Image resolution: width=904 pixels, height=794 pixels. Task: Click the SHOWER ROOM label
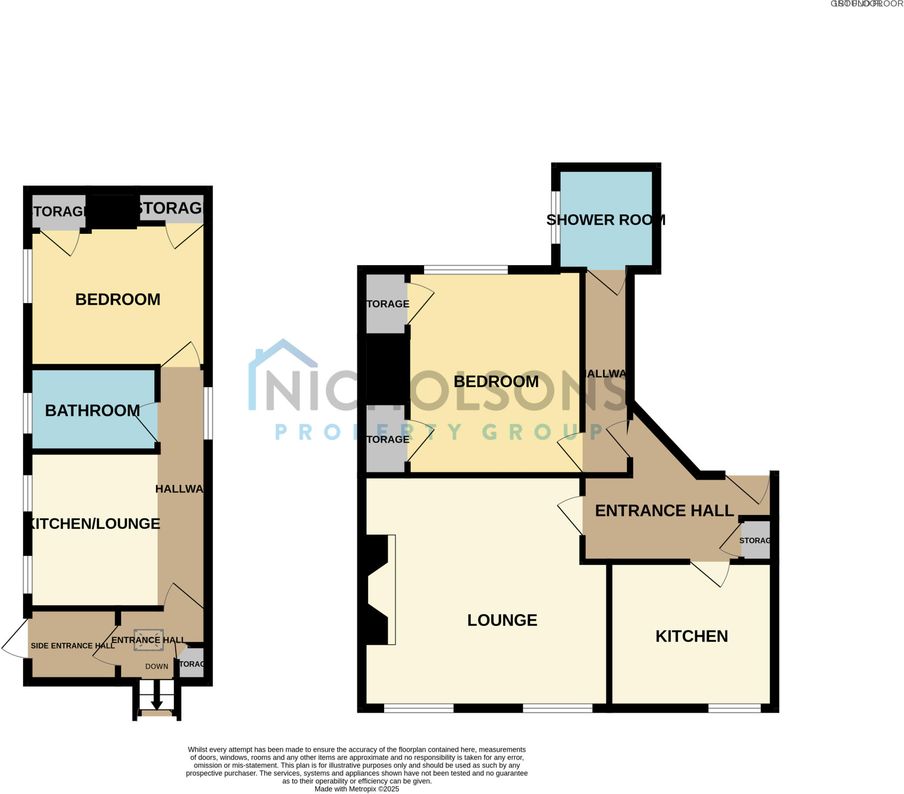coord(606,220)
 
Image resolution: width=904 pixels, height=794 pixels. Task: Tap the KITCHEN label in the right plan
coord(691,636)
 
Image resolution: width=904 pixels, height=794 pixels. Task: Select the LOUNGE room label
coord(502,620)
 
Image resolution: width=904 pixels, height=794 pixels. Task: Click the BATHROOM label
coord(92,410)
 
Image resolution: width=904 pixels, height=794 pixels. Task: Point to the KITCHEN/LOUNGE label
coord(94,523)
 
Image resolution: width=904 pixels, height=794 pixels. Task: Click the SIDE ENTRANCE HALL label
coord(72,646)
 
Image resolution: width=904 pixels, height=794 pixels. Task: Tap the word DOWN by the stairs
coord(157,666)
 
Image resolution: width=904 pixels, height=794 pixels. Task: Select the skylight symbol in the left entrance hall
coord(149,640)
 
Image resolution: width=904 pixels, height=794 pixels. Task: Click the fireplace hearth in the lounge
coord(392,590)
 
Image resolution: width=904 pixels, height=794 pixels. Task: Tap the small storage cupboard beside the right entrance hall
coord(755,540)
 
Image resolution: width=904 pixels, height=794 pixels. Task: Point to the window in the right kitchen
coord(734,708)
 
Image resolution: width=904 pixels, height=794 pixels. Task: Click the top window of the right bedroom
coord(465,269)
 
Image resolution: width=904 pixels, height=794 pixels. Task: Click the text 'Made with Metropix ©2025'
coord(357,789)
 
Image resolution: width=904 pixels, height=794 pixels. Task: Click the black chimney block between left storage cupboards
coord(113,211)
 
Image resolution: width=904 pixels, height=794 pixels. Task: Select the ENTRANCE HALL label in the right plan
coord(664,511)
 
